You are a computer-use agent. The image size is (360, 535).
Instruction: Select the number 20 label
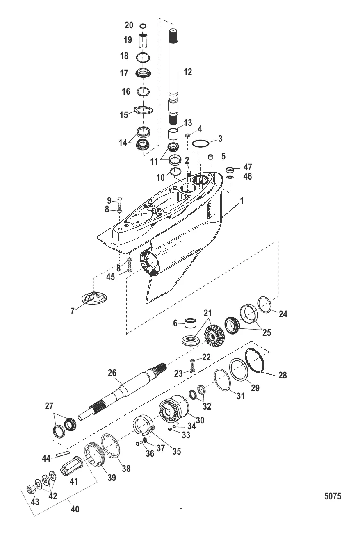click(129, 25)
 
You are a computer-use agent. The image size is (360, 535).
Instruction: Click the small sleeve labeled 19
click(142, 41)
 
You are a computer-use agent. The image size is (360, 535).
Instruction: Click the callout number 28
click(283, 375)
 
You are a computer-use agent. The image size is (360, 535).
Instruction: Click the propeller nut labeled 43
click(30, 489)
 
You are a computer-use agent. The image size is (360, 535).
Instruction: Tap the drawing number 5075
click(333, 496)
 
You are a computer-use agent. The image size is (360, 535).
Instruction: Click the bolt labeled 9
click(119, 202)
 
